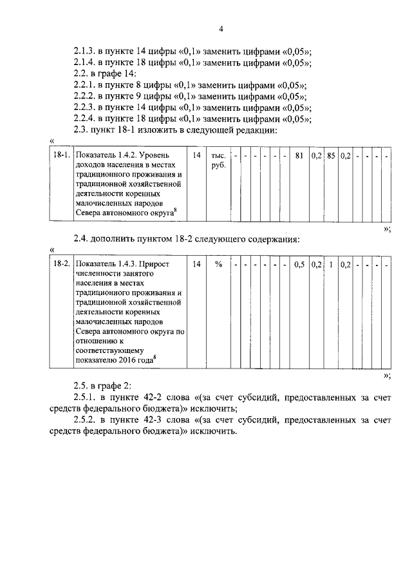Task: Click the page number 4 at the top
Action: tap(221, 29)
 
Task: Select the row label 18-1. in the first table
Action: tap(61, 156)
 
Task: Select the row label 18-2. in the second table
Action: tap(61, 264)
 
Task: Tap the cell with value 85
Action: tap(330, 156)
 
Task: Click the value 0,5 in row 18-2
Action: tap(299, 264)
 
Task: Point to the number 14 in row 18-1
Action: tap(197, 156)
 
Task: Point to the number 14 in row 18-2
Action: tap(197, 264)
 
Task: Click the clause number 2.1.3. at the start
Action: tap(86, 51)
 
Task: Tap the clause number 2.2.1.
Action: tap(86, 85)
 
